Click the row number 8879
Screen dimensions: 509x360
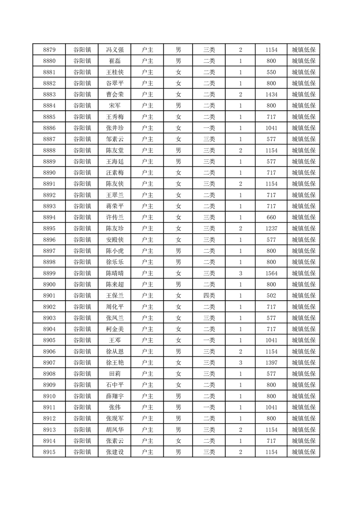(x=49, y=50)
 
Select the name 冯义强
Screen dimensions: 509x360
(x=114, y=50)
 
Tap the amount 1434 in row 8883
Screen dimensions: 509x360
(x=271, y=94)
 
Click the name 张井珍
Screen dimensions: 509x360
(x=114, y=128)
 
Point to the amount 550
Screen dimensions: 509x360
(x=271, y=72)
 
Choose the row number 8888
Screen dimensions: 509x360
(x=49, y=150)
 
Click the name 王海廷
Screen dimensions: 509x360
(x=114, y=162)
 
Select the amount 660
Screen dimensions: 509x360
(x=271, y=217)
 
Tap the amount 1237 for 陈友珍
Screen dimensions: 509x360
(x=271, y=228)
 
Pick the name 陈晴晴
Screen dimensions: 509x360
(x=114, y=273)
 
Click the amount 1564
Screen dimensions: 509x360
(x=271, y=273)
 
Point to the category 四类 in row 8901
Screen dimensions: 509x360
(x=209, y=295)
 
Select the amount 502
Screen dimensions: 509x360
(x=271, y=295)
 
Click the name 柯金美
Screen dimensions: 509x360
(x=114, y=329)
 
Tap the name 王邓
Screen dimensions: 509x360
(x=114, y=340)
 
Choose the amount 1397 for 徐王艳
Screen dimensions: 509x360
(x=271, y=362)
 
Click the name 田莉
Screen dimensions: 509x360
(x=114, y=373)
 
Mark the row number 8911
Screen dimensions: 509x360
(x=49, y=407)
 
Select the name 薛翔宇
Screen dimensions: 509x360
(x=114, y=396)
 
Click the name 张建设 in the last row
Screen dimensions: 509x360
(x=114, y=452)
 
